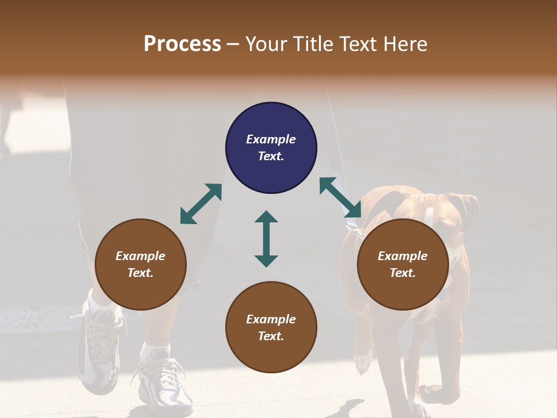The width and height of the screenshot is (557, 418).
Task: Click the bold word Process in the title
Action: [182, 44]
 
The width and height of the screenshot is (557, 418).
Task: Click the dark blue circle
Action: [271, 148]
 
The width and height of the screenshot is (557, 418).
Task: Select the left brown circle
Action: [140, 264]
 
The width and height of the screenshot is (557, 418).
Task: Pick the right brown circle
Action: [403, 264]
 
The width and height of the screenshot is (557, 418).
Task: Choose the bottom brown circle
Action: [271, 327]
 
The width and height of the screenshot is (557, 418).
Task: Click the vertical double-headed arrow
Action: [266, 239]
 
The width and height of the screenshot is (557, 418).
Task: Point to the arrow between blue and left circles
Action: [201, 204]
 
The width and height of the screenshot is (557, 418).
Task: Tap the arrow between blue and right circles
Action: [341, 197]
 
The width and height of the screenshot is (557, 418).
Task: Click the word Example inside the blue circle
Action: [271, 139]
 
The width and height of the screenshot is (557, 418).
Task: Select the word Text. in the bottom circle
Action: [271, 336]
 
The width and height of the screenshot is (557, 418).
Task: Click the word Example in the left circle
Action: [140, 256]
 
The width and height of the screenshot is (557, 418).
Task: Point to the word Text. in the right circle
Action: [403, 273]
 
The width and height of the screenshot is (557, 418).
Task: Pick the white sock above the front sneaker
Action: [155, 352]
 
